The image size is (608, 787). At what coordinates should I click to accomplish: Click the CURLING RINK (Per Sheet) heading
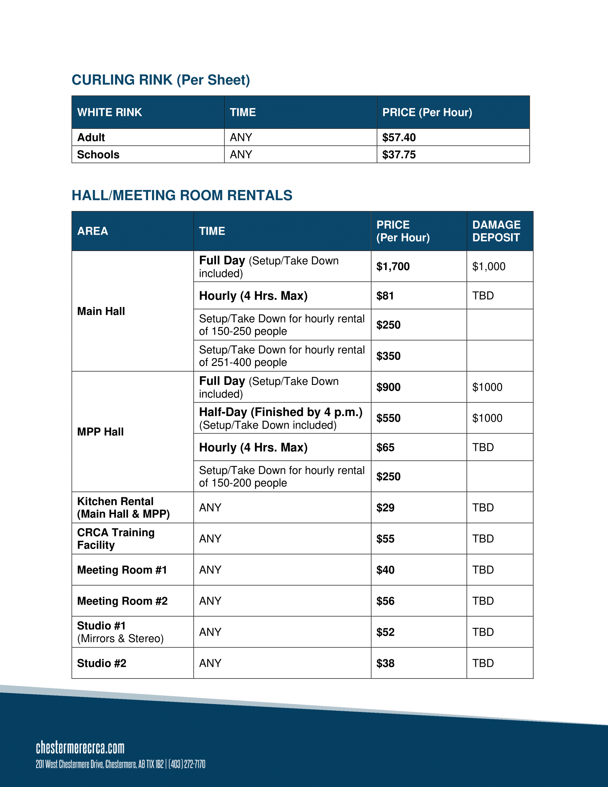pos(161,80)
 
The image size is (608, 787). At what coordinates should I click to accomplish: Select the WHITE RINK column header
pos(109,112)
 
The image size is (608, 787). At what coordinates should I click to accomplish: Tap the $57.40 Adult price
pos(399,137)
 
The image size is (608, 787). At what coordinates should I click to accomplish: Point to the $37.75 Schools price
pos(399,155)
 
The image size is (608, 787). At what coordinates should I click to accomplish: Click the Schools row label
pos(98,155)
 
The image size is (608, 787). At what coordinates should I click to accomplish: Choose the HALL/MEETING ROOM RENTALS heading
pos(182,195)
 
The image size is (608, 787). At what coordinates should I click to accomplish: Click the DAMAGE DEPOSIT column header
pos(496,231)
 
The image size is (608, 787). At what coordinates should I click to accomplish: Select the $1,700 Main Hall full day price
pos(393,266)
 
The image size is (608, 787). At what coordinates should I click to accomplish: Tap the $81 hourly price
pos(385,296)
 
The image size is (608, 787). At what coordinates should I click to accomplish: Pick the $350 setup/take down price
pos(388,356)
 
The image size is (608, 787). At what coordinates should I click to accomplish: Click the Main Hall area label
pos(101,311)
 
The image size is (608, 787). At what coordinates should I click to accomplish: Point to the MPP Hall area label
pos(100,432)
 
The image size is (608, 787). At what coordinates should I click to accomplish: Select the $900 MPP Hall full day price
pos(388,387)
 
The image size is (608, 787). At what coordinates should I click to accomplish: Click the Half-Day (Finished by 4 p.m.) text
pos(281,412)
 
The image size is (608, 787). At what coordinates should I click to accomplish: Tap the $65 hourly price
pos(385,448)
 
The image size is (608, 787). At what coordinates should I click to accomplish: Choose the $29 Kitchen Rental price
pos(385,508)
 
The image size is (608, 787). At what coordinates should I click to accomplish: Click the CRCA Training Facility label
pos(116,539)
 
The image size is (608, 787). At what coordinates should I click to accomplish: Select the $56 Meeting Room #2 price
pos(385,601)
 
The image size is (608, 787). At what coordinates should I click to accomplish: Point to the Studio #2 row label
pos(102,663)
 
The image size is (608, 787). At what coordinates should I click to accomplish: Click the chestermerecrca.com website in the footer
pos(80,748)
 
